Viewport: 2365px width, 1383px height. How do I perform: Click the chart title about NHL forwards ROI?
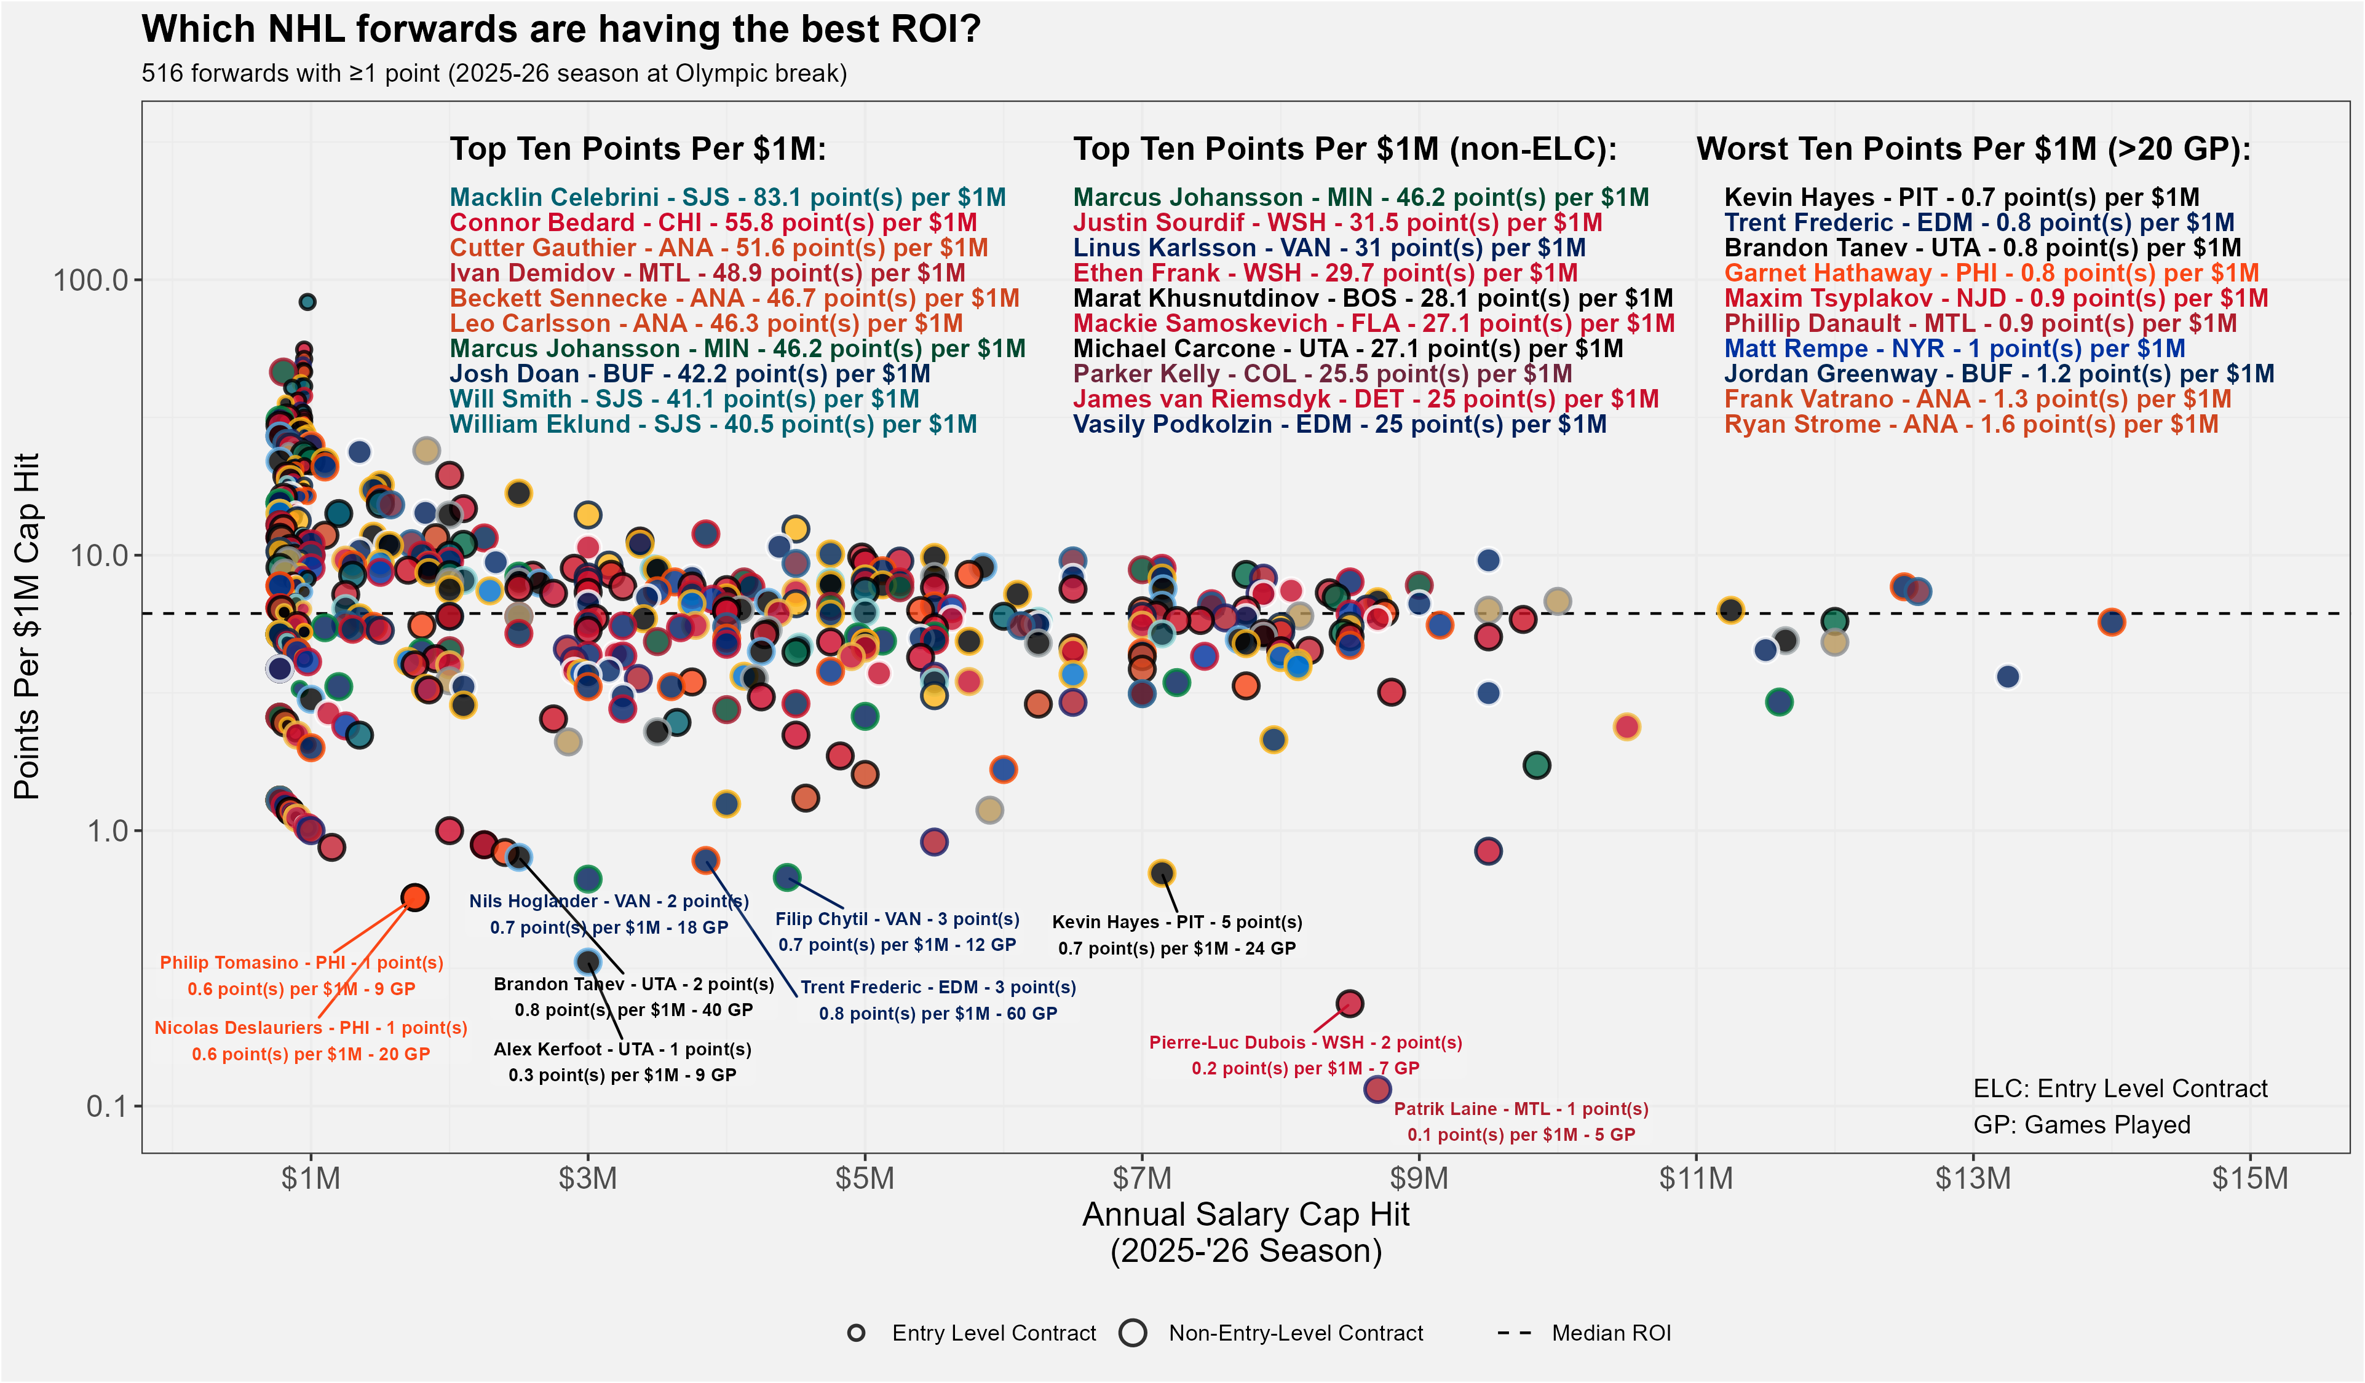pyautogui.click(x=560, y=29)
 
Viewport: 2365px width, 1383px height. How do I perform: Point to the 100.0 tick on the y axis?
pyautogui.click(x=90, y=280)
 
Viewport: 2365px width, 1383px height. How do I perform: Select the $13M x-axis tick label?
pyautogui.click(x=1973, y=1178)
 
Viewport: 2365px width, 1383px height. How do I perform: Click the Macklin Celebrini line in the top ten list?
pyautogui.click(x=727, y=197)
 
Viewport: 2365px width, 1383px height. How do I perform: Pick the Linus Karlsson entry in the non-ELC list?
pyautogui.click(x=1329, y=248)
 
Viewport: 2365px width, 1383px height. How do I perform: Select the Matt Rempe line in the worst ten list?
pyautogui.click(x=1954, y=349)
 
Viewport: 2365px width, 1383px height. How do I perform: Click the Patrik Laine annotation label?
pyautogui.click(x=1520, y=1121)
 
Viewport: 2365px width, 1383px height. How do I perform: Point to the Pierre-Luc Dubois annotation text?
pyautogui.click(x=1305, y=1055)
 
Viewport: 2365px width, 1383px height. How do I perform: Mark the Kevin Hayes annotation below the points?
pyautogui.click(x=1177, y=934)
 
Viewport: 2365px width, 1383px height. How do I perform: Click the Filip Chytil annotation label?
pyautogui.click(x=897, y=932)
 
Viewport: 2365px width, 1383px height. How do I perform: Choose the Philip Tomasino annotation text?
pyautogui.click(x=301, y=975)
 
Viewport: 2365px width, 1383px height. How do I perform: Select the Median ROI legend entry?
pyautogui.click(x=1610, y=1333)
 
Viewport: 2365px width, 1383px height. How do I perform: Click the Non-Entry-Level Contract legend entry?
pyautogui.click(x=1295, y=1333)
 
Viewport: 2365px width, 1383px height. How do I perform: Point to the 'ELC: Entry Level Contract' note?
pyautogui.click(x=2120, y=1089)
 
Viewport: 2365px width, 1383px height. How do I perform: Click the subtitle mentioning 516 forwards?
pyautogui.click(x=494, y=73)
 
